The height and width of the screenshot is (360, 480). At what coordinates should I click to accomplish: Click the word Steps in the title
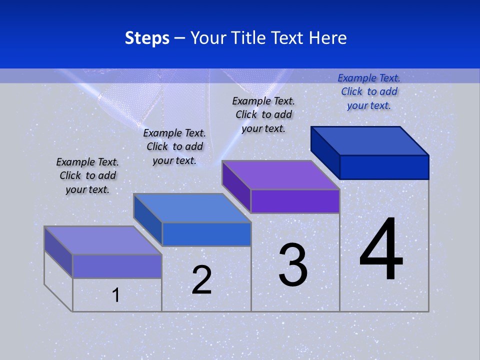click(x=147, y=38)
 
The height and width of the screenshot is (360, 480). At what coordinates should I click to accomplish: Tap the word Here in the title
click(x=328, y=38)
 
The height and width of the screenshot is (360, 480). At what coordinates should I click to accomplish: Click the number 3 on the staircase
click(x=293, y=265)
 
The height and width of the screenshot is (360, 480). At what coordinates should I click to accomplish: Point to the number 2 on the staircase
click(x=201, y=280)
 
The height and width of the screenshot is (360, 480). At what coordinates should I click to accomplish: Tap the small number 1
click(x=116, y=295)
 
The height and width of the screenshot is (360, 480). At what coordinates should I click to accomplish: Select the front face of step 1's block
click(x=117, y=266)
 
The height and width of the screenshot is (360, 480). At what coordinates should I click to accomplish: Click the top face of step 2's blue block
click(x=192, y=207)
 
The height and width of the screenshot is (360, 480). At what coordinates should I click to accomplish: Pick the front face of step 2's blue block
click(x=206, y=234)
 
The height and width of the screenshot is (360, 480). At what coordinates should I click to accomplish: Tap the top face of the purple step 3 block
click(x=280, y=175)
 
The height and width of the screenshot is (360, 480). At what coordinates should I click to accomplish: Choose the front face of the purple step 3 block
click(x=295, y=201)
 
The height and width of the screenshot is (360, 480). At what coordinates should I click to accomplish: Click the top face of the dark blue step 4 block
click(x=370, y=140)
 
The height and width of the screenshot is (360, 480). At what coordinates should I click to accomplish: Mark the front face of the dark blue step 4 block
click(x=384, y=167)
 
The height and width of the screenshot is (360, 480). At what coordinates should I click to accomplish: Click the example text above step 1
click(x=87, y=176)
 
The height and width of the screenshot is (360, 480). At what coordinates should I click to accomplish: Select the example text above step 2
click(x=174, y=147)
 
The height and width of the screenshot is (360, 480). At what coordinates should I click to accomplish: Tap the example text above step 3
click(x=263, y=114)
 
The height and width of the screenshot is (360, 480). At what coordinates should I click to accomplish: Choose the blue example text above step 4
click(x=369, y=91)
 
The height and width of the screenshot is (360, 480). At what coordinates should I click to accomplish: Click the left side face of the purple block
click(x=236, y=186)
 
